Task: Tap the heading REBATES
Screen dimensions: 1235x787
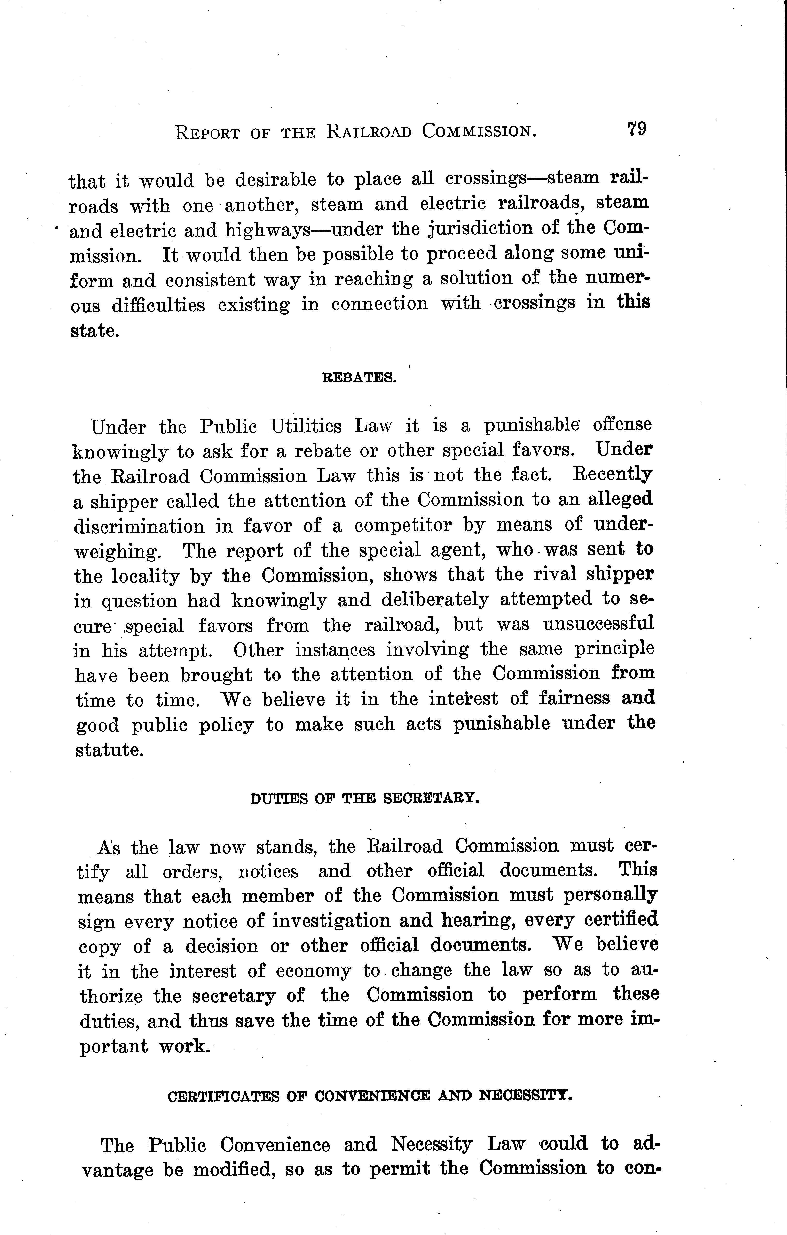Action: point(359,379)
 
